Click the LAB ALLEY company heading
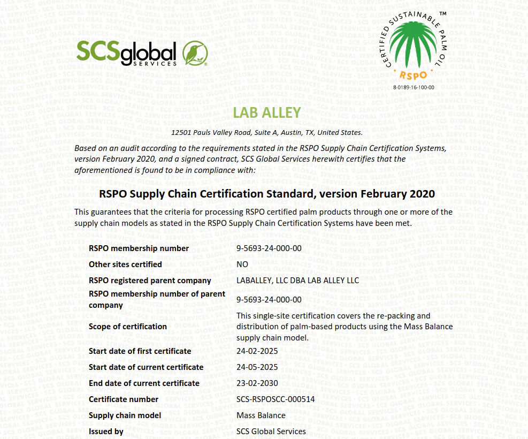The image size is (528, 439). click(x=267, y=112)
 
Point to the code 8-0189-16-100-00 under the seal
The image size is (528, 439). click(x=414, y=87)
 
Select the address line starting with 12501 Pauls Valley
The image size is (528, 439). click(x=267, y=132)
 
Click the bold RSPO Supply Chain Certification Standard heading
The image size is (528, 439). click(x=267, y=193)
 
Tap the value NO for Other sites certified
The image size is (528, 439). click(x=242, y=264)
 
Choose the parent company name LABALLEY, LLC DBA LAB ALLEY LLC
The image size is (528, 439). click(x=297, y=281)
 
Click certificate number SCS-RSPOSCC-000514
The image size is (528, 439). click(x=276, y=399)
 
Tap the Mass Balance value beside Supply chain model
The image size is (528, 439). click(x=261, y=415)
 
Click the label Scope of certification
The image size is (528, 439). click(x=128, y=327)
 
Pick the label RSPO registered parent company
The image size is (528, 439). click(x=150, y=281)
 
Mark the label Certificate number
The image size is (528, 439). click(x=124, y=399)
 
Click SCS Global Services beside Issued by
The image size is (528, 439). click(x=271, y=432)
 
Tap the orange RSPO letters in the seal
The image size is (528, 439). click(x=413, y=75)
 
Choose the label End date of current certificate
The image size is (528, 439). click(x=144, y=383)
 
